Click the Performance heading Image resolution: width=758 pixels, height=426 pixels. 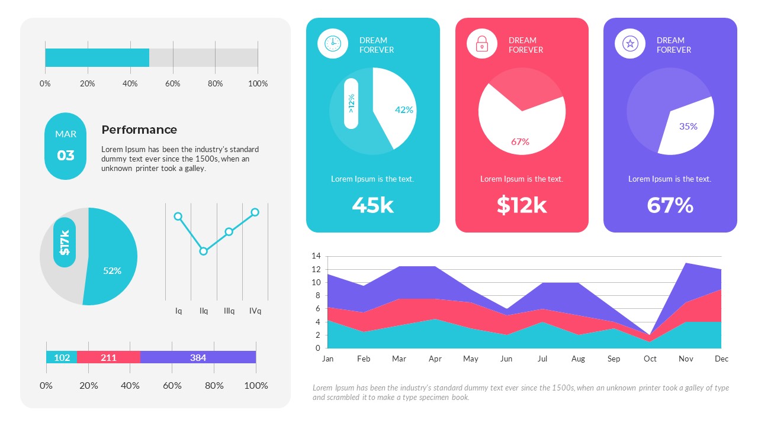coord(139,130)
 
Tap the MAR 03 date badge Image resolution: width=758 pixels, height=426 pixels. coord(66,146)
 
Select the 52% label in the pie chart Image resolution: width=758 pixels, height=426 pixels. coord(112,270)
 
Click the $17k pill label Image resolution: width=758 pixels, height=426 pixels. coord(65,242)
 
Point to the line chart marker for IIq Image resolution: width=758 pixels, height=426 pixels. coord(204,251)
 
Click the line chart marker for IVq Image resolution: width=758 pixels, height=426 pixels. coord(255,212)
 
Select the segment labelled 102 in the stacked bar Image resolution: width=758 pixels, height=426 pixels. coord(62,357)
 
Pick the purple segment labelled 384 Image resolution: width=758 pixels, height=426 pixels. coord(198,357)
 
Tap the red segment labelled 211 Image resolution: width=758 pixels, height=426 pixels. coord(108,357)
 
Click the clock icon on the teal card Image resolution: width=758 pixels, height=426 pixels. coord(333,43)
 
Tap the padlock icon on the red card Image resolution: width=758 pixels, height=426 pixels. coord(482,43)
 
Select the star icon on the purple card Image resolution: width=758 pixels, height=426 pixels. coord(630,43)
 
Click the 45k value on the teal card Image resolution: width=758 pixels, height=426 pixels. coord(372,205)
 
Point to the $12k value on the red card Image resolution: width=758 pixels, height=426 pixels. coord(522,205)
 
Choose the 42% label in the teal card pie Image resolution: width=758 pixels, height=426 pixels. coord(404,109)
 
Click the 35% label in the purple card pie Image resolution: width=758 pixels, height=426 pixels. coord(688,126)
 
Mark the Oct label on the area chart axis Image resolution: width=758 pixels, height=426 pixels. coord(650,359)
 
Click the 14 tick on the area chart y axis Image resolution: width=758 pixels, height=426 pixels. coord(316,256)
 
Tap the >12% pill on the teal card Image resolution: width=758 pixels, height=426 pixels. coord(351,104)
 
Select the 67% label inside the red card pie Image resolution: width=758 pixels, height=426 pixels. coord(520,141)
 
